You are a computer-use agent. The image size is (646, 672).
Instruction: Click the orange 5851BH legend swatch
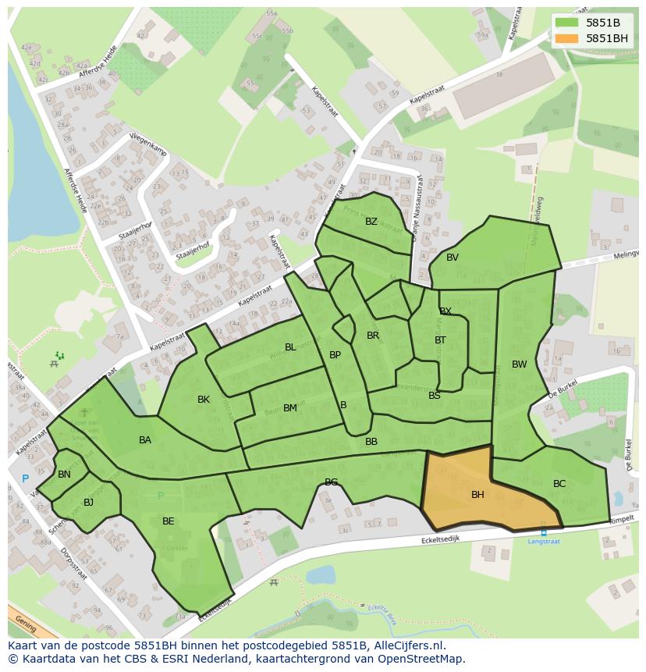click(567, 38)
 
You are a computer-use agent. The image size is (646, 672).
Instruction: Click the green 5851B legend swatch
click(567, 23)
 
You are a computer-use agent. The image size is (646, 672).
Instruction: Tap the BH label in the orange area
click(477, 495)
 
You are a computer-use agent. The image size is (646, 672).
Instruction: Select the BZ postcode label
click(371, 222)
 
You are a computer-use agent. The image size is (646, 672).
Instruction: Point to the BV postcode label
click(453, 258)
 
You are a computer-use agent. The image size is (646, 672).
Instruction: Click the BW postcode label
click(520, 364)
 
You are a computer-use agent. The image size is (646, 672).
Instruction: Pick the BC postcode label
click(559, 484)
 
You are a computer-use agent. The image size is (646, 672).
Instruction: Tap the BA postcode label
click(145, 440)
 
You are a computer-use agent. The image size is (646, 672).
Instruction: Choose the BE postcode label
click(169, 521)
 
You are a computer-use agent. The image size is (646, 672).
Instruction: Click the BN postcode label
click(64, 475)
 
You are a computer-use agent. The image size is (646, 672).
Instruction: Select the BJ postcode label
click(88, 503)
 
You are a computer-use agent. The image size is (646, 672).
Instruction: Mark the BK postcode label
click(204, 400)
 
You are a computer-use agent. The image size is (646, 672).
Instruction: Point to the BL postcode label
click(290, 347)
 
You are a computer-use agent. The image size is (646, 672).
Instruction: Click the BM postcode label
click(290, 408)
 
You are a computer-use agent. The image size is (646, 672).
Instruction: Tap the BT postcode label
click(440, 340)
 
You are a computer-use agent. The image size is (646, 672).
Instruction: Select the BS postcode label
click(435, 396)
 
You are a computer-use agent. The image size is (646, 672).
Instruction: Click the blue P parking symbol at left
click(25, 479)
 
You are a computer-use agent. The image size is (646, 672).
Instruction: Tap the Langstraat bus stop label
click(544, 541)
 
